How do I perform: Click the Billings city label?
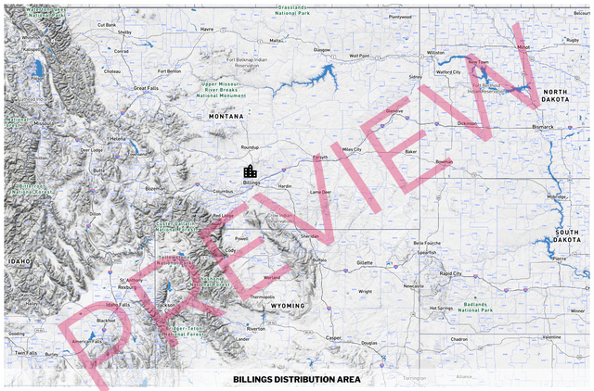tap(251, 183)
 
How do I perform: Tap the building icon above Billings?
tap(250, 171)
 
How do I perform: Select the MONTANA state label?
tap(226, 116)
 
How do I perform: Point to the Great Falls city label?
tap(147, 88)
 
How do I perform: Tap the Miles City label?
tap(352, 149)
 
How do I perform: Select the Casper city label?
tap(334, 337)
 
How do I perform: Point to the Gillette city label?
tap(364, 262)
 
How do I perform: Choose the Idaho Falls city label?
tap(119, 304)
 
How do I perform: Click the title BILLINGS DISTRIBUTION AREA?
tap(297, 379)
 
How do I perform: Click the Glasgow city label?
tap(322, 49)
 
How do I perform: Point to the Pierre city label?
tap(559, 259)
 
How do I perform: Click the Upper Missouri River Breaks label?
tap(222, 90)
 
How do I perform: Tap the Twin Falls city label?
tap(26, 353)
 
